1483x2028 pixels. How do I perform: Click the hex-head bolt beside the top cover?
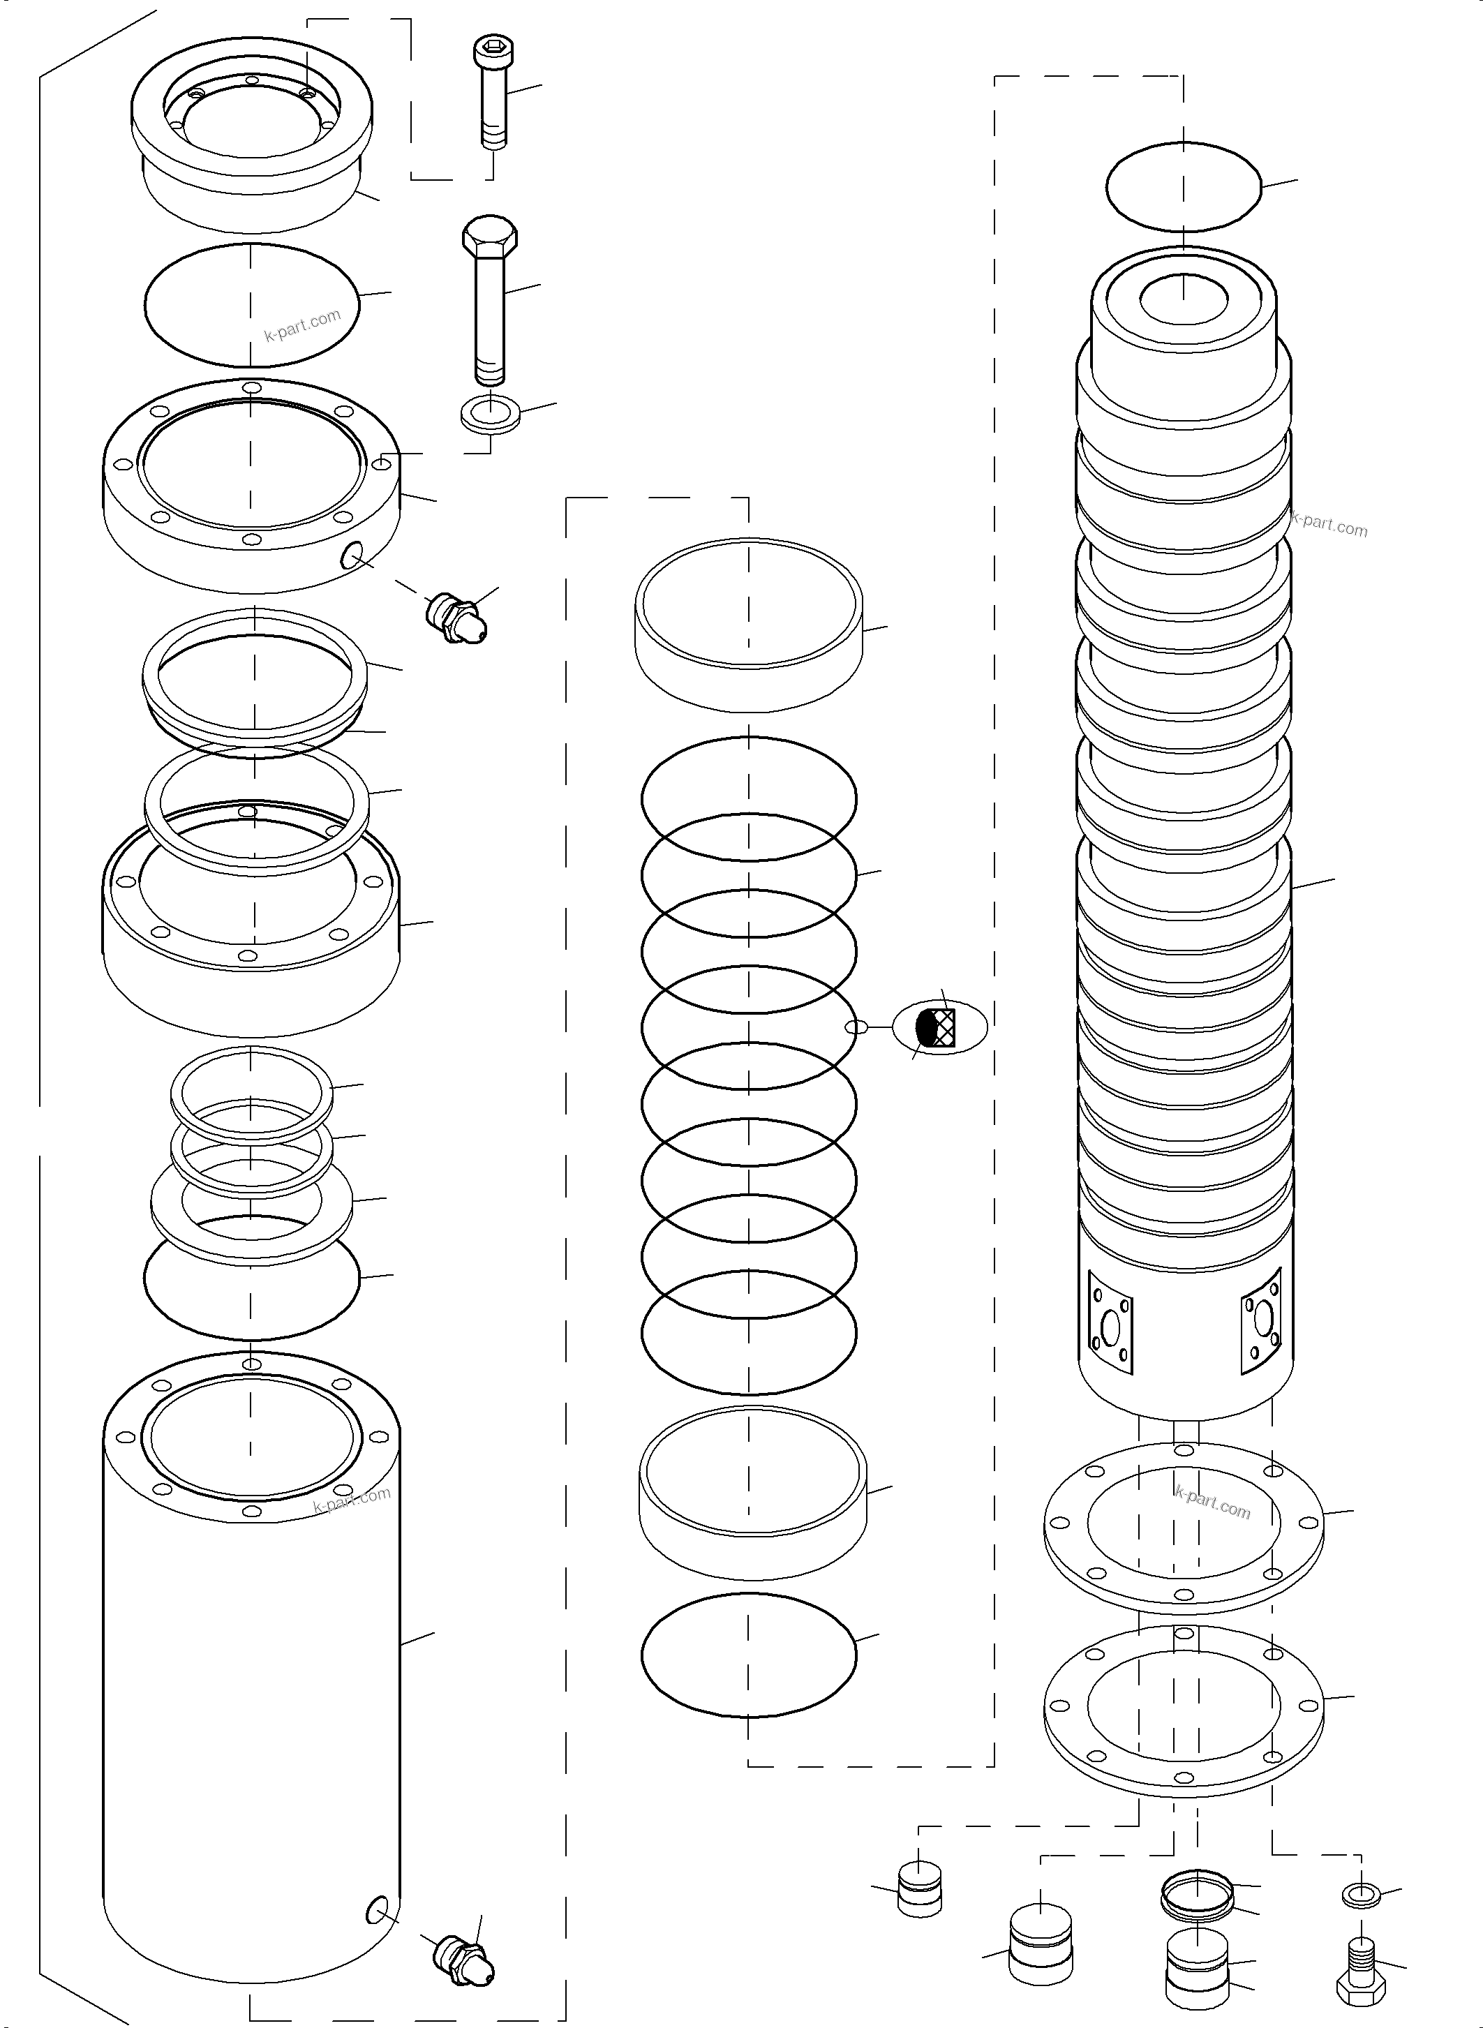[489, 297]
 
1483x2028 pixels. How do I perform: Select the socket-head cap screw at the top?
[490, 90]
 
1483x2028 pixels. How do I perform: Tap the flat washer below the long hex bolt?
[490, 415]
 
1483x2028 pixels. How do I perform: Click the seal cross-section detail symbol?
[939, 1026]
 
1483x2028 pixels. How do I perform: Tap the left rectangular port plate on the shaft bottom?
[1111, 1323]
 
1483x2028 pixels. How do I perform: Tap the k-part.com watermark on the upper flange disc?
[1212, 1501]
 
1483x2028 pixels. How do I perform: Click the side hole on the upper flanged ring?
[351, 557]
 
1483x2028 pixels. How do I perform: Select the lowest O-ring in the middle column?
[749, 1655]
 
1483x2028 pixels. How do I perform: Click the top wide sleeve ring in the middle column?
[749, 621]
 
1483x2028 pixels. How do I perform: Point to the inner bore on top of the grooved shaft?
[1183, 299]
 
